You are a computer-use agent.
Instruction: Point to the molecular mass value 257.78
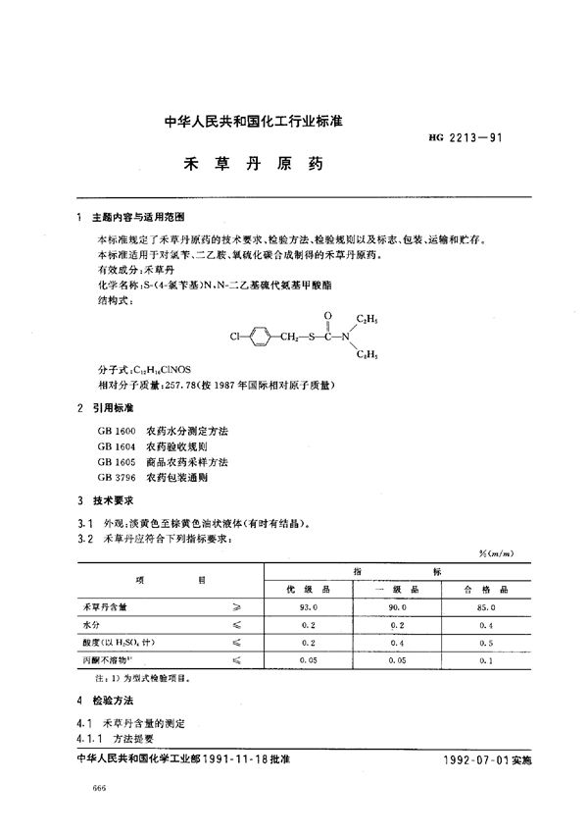pos(178,386)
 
